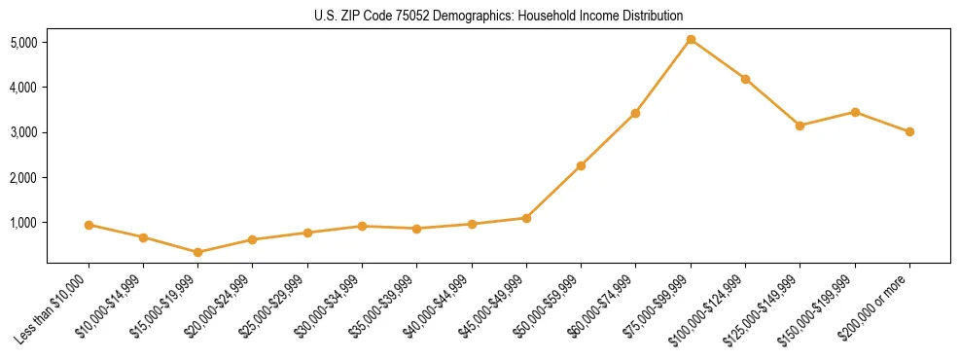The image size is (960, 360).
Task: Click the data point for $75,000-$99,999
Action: [691, 40]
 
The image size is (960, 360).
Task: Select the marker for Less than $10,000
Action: [89, 225]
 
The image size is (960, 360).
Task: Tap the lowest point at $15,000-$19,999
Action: [198, 252]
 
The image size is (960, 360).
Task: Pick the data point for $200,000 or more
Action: [909, 131]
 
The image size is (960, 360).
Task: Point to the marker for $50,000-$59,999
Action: [581, 165]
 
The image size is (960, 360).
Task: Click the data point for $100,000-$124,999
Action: [745, 79]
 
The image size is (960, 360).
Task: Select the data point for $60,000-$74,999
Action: [635, 113]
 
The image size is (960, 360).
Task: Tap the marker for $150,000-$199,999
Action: [855, 112]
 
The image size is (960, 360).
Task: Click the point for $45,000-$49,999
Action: [526, 218]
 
